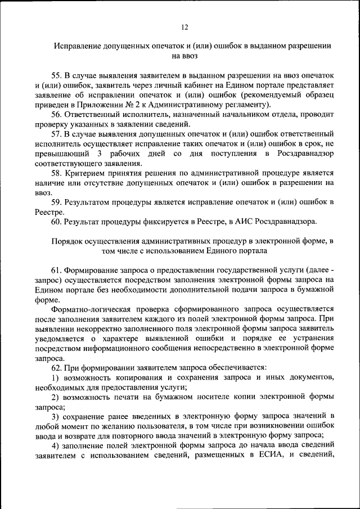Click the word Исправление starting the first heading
coord(78,46)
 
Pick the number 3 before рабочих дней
coord(100,154)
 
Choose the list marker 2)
coord(55,397)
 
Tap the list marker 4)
coord(55,446)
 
